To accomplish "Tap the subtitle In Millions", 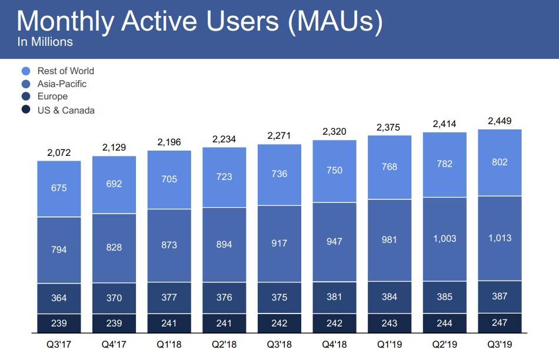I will pyautogui.click(x=45, y=42).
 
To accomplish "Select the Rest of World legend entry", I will pyautogui.click(x=65, y=71).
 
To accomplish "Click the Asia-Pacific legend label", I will pyautogui.click(x=62, y=84).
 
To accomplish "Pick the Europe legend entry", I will pyautogui.click(x=52, y=96).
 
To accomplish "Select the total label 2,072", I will pyautogui.click(x=59, y=153).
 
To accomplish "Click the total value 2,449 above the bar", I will pyautogui.click(x=500, y=121).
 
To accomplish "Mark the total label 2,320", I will pyautogui.click(x=334, y=132).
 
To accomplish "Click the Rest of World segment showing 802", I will pyautogui.click(x=500, y=162).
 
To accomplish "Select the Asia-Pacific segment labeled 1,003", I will pyautogui.click(x=444, y=239).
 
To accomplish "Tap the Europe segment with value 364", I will pyautogui.click(x=59, y=298).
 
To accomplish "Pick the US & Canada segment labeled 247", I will pyautogui.click(x=500, y=322).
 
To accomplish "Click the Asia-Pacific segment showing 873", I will pyautogui.click(x=169, y=245).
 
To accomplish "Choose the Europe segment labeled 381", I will pyautogui.click(x=334, y=297).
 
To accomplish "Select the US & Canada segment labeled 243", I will pyautogui.click(x=389, y=323).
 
